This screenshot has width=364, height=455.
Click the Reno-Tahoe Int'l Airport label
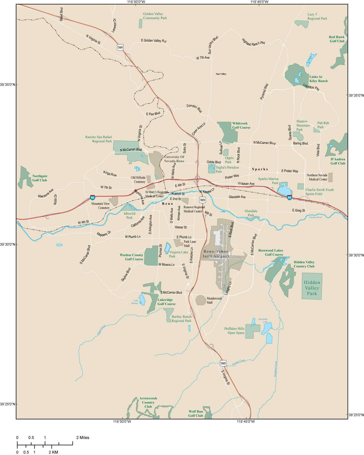coord(216,254)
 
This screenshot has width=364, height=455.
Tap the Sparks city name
coord(260,169)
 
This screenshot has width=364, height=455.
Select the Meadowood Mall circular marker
coord(201,300)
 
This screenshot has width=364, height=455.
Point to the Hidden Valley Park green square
coord(312,286)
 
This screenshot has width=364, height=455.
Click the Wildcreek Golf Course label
coord(241,125)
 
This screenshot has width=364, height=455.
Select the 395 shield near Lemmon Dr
coord(120,47)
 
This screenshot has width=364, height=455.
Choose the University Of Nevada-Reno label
coord(174,159)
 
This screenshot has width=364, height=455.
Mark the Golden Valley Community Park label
coord(155,16)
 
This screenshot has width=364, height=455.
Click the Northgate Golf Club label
coord(40,178)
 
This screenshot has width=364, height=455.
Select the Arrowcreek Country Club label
coord(148,402)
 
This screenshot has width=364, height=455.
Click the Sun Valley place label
coord(221,74)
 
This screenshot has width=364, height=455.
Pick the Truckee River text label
coord(316,217)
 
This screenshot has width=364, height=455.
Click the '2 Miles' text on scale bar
coord(83,438)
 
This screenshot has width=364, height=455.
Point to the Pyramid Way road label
coord(264,91)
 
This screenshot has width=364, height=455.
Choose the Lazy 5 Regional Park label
coord(317,16)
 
